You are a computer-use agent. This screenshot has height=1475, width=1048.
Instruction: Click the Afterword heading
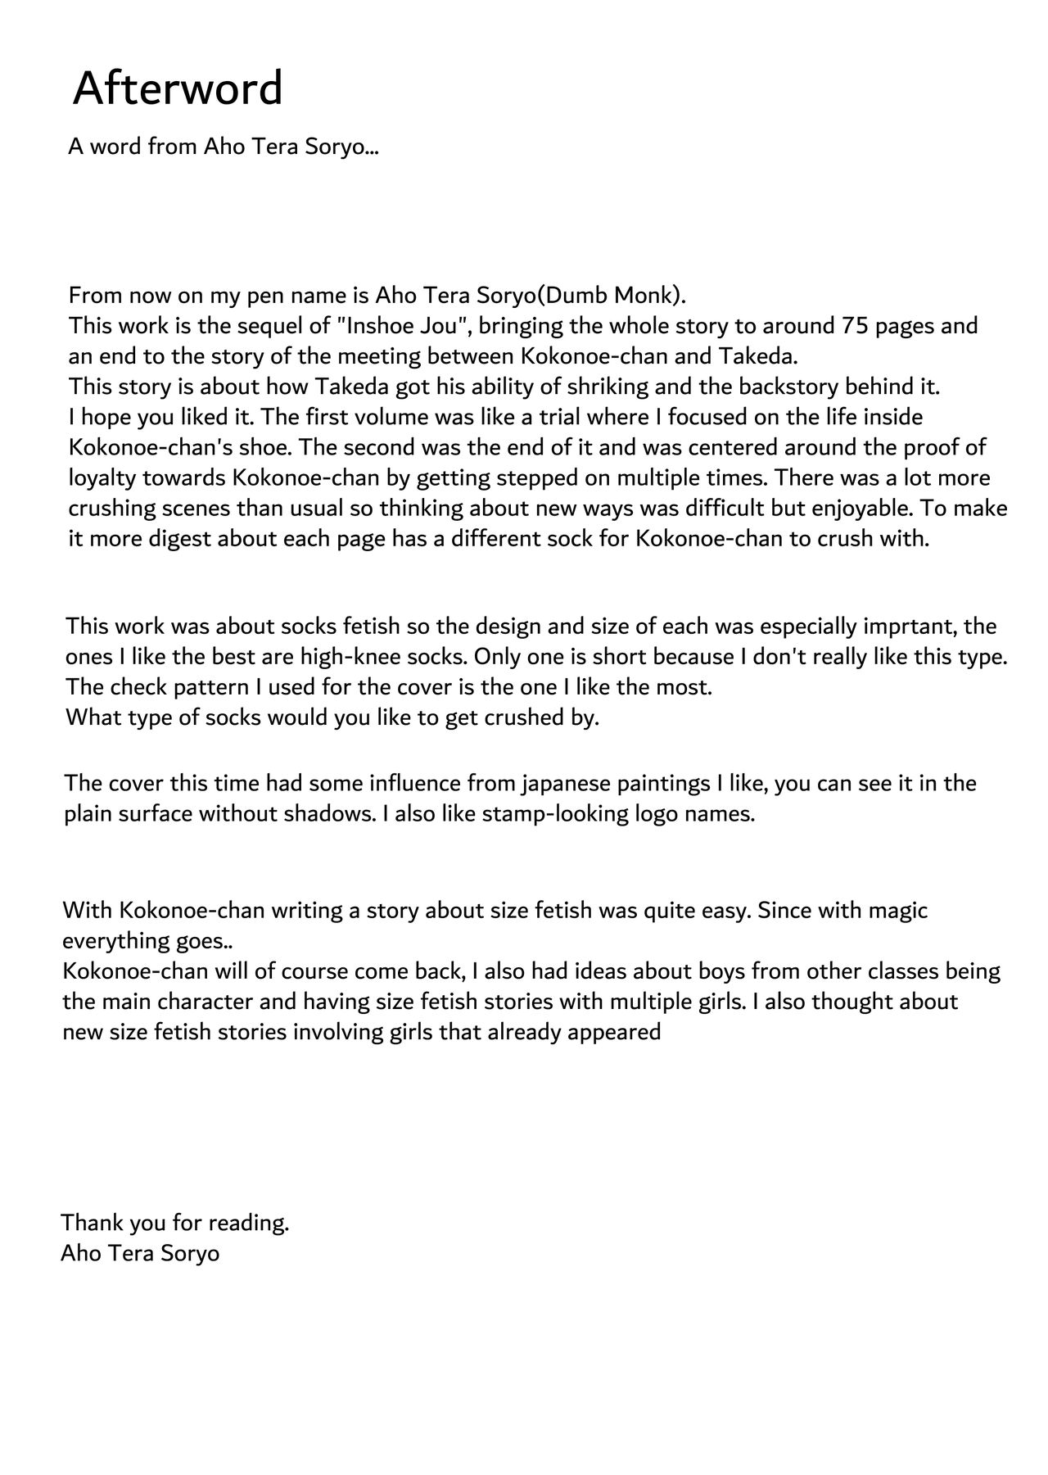[178, 88]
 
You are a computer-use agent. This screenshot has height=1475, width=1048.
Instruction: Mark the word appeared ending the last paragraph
[615, 1032]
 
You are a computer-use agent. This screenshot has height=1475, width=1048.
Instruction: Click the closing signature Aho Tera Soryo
[140, 1253]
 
